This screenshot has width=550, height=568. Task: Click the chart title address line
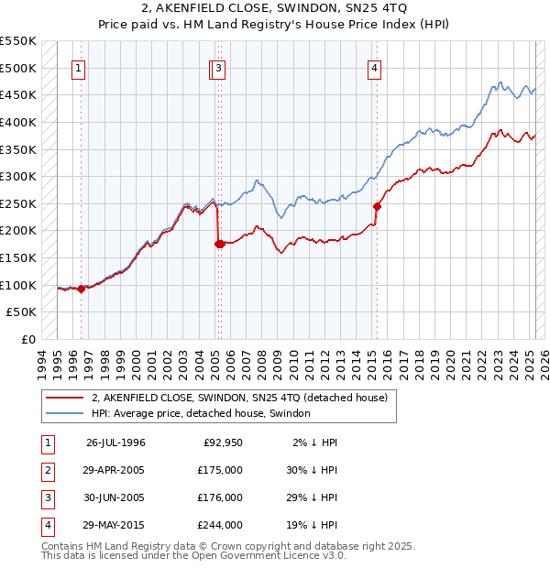(275, 9)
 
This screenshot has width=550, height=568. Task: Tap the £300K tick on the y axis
(18, 176)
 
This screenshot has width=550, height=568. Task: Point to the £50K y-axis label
(22, 312)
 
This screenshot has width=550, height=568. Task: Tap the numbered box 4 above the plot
(376, 68)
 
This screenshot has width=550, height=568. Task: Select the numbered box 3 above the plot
(220, 68)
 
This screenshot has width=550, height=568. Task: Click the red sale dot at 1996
(81, 289)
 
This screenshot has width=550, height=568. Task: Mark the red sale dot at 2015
(377, 206)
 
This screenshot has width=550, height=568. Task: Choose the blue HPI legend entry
(201, 413)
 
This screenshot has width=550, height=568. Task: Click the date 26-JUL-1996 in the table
(115, 442)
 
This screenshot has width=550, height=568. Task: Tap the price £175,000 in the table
(220, 470)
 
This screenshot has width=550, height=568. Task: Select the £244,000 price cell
(220, 525)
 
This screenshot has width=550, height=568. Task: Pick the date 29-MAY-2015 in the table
(115, 525)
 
